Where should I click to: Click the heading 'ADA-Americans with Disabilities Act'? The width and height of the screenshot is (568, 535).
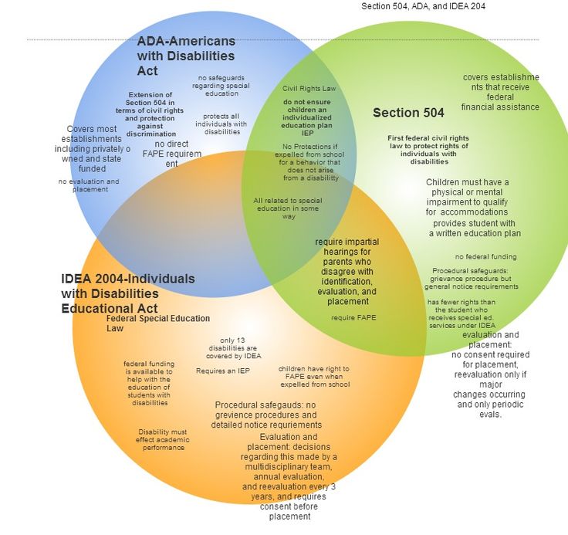186,56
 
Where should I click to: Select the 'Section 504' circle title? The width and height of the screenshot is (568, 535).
408,113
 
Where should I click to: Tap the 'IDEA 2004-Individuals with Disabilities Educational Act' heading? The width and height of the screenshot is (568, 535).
127,293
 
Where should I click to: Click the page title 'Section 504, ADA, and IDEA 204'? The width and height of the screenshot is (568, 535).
423,6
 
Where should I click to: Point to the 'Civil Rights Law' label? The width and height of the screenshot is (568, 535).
309,89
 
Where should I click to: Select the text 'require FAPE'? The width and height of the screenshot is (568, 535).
353,317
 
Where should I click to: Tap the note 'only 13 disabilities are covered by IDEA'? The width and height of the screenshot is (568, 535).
235,348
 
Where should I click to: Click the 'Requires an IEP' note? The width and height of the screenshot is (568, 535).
222,371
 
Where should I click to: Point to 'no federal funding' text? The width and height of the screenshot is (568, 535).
485,256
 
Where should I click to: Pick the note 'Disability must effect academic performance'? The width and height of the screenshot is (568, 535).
162,439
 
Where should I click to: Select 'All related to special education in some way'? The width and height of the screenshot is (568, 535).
287,208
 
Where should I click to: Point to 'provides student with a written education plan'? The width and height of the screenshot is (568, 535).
475,228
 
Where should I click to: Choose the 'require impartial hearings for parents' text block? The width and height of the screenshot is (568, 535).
347,271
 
